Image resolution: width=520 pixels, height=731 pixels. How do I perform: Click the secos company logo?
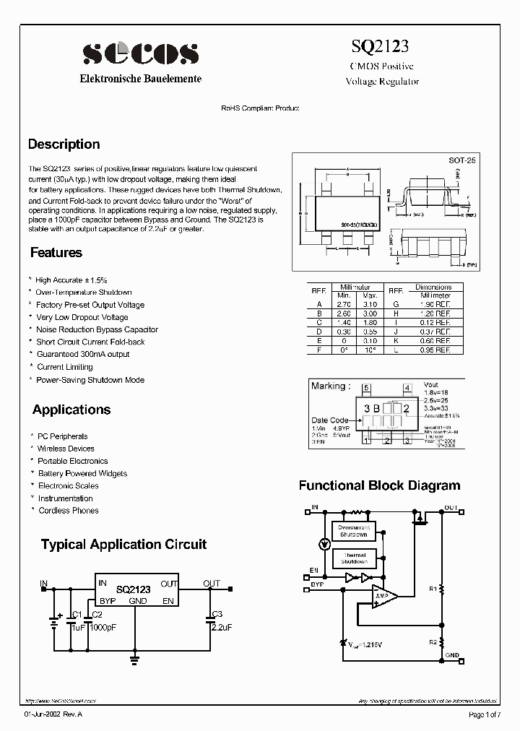(x=140, y=53)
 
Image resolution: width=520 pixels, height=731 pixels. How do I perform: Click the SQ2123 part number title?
(x=380, y=47)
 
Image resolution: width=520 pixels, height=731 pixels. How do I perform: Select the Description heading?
(x=64, y=144)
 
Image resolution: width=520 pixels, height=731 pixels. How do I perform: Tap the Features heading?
(x=56, y=252)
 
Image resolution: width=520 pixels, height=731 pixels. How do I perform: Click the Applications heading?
(x=71, y=410)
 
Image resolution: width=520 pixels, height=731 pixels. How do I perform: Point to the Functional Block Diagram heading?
(x=379, y=485)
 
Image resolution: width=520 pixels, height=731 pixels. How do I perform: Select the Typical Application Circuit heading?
(x=123, y=544)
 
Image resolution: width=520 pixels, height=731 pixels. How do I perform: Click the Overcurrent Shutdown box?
(x=353, y=531)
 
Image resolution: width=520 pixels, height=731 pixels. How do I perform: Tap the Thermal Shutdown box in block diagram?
(x=354, y=558)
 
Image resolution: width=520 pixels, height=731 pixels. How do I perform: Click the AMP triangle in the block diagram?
(x=383, y=596)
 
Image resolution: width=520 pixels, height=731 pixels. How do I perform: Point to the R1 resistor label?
(x=433, y=589)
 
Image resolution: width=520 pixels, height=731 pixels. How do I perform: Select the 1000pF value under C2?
(x=101, y=628)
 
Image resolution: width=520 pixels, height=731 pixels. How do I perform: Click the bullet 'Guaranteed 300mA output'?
(x=82, y=355)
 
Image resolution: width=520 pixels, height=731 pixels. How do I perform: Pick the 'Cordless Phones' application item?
(x=68, y=511)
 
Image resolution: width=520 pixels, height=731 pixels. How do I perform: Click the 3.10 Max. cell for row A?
(x=370, y=305)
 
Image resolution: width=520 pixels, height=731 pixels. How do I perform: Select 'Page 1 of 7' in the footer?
(x=484, y=714)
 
